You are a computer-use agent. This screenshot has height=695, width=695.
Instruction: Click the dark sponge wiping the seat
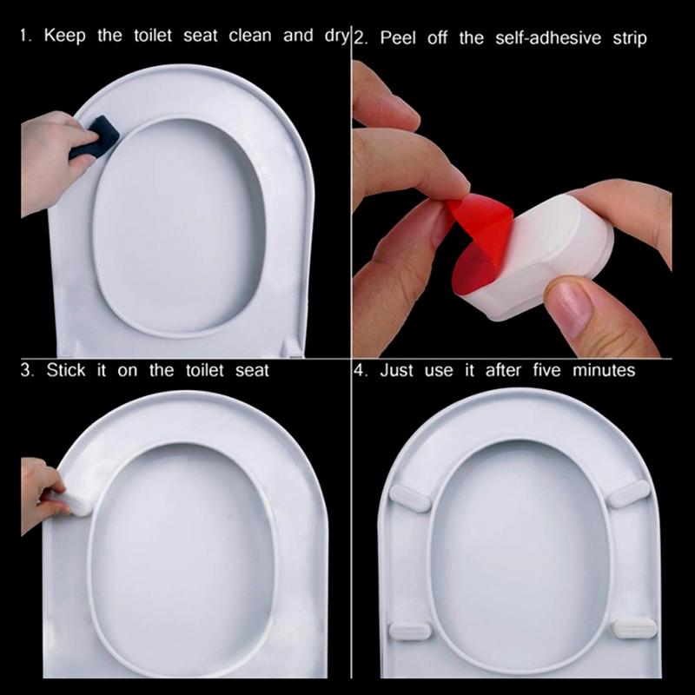[x=95, y=136]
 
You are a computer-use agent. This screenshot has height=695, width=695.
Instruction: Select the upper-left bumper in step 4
[x=409, y=497]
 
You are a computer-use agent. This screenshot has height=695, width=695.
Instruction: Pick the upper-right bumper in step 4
[x=628, y=493]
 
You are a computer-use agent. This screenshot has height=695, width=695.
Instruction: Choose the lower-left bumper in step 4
[x=409, y=631]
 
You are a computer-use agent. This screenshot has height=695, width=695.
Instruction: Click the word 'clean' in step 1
[x=250, y=36]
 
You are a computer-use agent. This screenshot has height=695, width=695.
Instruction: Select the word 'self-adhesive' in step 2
[x=548, y=37]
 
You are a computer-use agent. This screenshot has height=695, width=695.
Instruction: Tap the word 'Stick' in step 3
[x=66, y=370]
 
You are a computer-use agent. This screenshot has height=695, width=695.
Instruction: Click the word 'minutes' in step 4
[x=604, y=370]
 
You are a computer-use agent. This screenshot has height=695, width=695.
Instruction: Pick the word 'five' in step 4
[x=546, y=370]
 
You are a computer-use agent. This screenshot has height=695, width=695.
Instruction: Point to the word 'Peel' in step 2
[x=398, y=37]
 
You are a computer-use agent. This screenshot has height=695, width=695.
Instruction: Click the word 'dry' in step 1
[x=336, y=36]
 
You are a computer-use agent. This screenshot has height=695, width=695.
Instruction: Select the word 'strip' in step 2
[x=630, y=38]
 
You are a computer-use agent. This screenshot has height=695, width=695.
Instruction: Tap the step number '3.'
[x=27, y=370]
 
